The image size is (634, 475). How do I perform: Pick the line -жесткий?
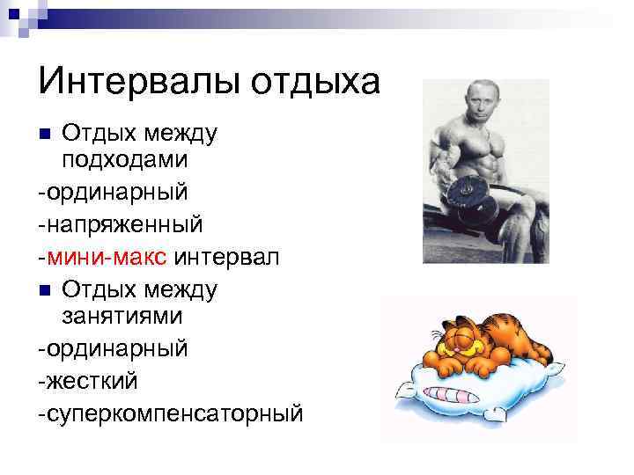pos(87,380)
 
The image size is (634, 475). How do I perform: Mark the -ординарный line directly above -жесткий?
pos(113,348)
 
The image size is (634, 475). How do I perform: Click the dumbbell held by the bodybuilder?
pos(466,191)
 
